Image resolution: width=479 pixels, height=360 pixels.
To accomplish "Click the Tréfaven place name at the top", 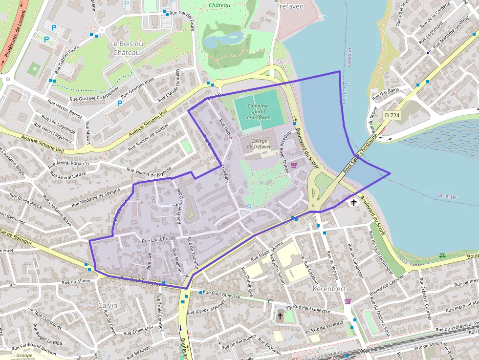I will pos(290,6).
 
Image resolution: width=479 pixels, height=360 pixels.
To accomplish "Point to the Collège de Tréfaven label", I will pos(259,144).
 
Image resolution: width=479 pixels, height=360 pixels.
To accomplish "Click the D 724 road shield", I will pos(392,114).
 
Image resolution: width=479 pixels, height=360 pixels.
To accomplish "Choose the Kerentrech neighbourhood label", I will pos(329,289).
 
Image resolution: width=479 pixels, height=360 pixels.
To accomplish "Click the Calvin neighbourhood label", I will pos(108,305).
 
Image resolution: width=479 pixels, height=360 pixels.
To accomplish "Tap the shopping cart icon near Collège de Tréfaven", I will pos(294,166).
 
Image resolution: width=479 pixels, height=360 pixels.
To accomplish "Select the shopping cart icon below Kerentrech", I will pos(348,301).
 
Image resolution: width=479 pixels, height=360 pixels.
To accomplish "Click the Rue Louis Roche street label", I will pos(158,239).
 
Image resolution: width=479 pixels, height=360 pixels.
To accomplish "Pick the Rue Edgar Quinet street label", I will pos(267,251).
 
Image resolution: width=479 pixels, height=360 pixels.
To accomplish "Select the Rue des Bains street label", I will pos(385,91).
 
